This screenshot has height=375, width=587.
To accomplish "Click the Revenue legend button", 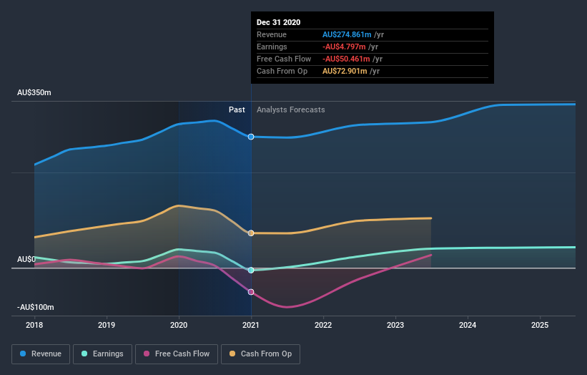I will tap(41, 354).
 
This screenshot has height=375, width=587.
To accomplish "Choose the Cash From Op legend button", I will tap(260, 354).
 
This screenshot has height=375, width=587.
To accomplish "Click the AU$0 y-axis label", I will tap(26, 259).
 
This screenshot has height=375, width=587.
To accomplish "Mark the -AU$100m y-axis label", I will tap(36, 307).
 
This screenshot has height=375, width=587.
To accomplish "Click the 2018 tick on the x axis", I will tap(34, 324).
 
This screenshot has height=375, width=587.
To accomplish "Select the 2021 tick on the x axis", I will tap(251, 324).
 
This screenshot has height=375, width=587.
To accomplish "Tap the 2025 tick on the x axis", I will tap(540, 324).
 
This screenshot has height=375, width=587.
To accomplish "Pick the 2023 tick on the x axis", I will tap(395, 324).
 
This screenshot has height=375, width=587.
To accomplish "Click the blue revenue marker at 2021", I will tap(251, 137).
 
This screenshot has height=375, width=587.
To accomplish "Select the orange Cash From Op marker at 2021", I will tap(251, 233).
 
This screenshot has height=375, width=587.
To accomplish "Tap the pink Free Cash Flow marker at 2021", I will tap(251, 292).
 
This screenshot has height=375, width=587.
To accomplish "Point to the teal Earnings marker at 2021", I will tap(251, 271).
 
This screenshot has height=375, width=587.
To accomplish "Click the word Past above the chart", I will tap(237, 110).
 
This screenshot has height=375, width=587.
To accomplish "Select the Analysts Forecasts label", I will tap(290, 110).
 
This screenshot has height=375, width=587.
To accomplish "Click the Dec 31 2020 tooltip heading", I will tap(279, 22).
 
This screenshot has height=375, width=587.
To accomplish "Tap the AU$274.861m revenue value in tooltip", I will tap(346, 34).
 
